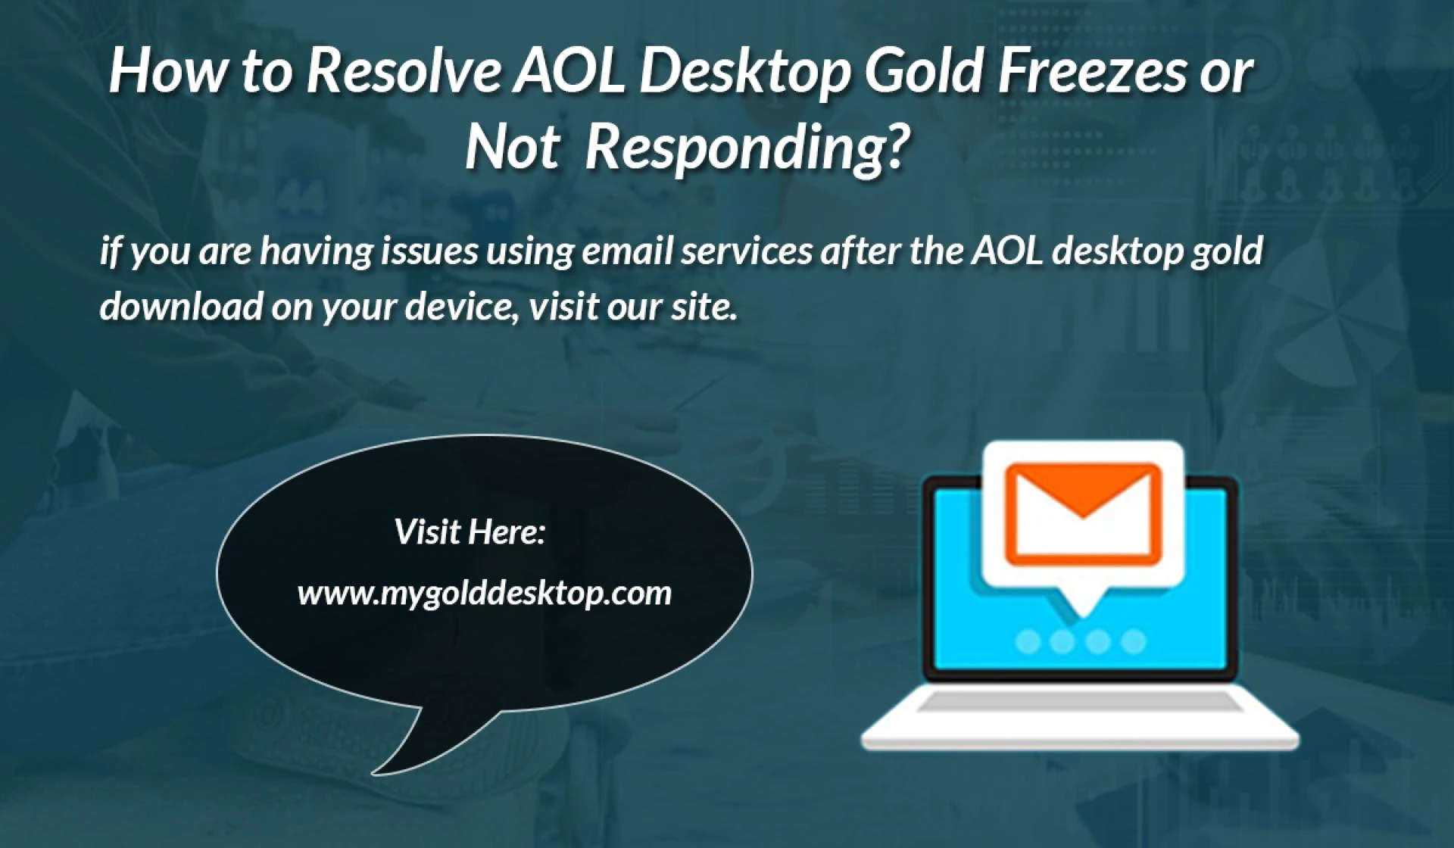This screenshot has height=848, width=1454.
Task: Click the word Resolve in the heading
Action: (404, 72)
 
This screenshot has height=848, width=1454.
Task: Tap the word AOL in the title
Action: (569, 72)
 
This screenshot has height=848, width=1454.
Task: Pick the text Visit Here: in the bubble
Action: (470, 532)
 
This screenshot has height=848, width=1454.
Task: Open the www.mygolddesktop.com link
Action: (485, 593)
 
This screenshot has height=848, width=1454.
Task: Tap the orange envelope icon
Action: (1082, 515)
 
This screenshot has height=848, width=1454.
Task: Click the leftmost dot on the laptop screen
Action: (1028, 642)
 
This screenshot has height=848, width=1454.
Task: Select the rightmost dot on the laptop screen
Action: (1133, 642)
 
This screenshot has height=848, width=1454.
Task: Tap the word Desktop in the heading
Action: (744, 72)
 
